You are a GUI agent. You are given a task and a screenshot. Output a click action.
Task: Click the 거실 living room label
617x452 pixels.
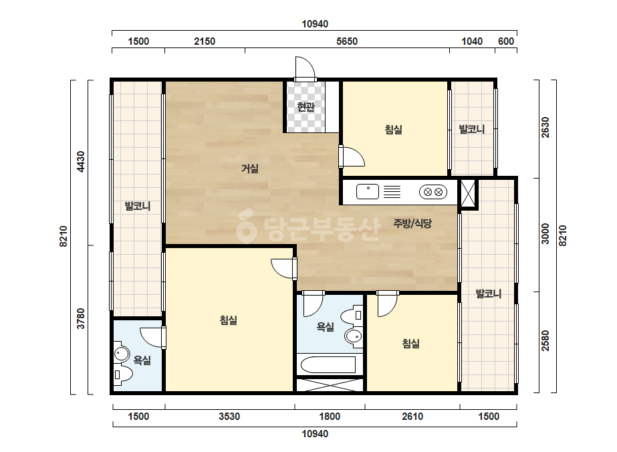250,168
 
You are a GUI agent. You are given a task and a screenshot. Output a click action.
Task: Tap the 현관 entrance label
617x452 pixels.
305,107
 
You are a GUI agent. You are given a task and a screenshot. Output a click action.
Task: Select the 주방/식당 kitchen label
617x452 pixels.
412,223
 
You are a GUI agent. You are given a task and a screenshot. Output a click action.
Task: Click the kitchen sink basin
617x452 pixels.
368,192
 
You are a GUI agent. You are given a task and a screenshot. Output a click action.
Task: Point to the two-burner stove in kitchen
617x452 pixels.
433,192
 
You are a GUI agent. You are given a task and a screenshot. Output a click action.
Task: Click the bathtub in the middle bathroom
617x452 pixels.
328,364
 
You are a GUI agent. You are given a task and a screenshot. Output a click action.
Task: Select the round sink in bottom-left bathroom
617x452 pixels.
122,354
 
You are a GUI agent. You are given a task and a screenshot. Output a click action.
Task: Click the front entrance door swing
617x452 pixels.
305,68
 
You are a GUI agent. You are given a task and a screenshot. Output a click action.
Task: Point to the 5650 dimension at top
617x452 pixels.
347,41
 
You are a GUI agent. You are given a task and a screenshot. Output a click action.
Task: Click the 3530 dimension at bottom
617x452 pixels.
229,416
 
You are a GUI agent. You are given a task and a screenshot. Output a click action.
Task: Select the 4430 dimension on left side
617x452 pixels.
80,161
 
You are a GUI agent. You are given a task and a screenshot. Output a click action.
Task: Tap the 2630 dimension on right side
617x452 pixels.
545,128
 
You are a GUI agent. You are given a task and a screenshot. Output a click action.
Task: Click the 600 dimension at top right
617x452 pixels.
506,41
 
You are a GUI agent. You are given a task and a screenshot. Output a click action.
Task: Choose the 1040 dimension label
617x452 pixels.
472,41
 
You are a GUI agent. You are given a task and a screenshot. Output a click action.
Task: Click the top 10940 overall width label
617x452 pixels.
315,24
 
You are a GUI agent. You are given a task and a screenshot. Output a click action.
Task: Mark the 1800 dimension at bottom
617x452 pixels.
330,416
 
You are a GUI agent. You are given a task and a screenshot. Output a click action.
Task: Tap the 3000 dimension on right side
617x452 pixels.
545,233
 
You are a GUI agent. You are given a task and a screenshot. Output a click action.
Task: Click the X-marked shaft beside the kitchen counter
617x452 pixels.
468,193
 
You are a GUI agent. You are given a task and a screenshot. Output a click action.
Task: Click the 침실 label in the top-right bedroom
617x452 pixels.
394,130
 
